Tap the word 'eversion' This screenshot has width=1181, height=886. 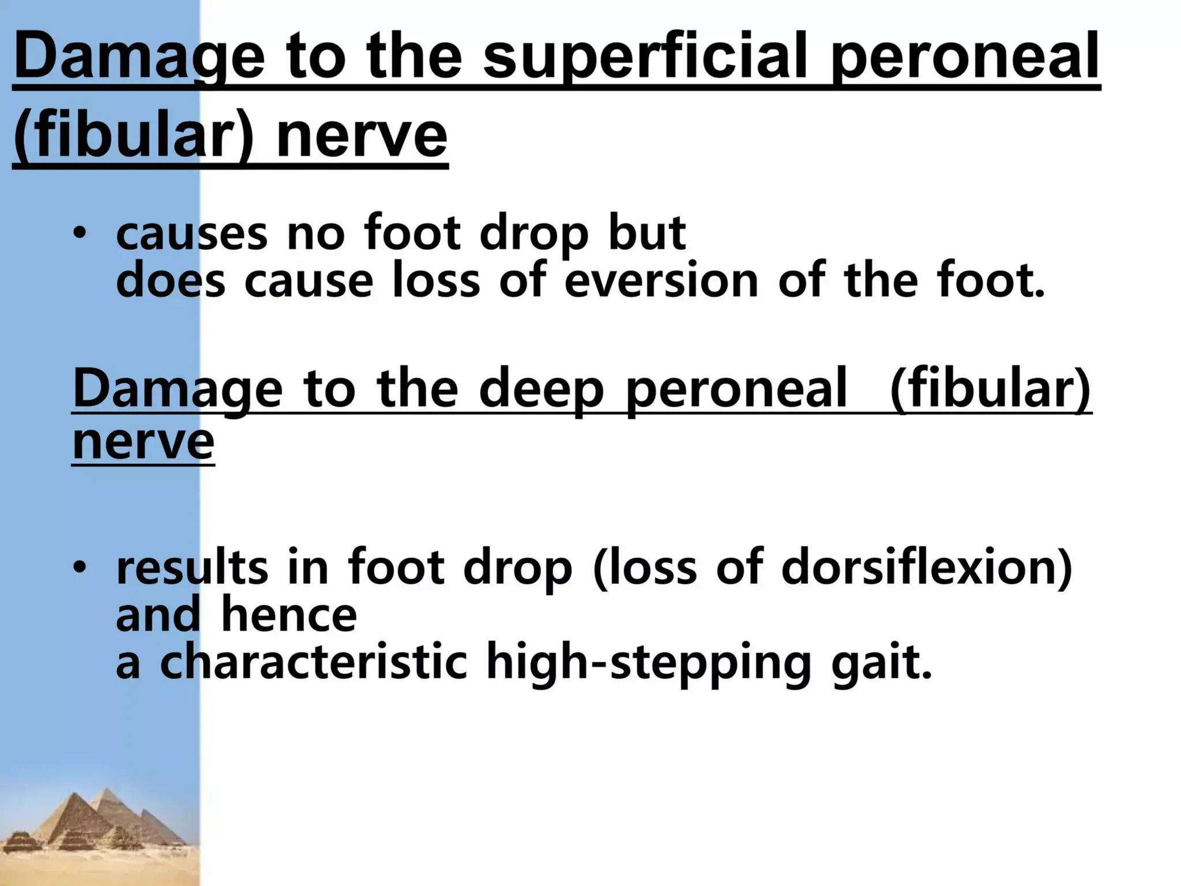pyautogui.click(x=661, y=280)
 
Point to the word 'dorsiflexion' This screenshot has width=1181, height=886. pyautogui.click(x=926, y=567)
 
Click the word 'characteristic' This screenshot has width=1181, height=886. pyautogui.click(x=313, y=662)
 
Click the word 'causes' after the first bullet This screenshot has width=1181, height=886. pyautogui.click(x=192, y=234)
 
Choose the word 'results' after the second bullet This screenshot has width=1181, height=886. pyautogui.click(x=193, y=567)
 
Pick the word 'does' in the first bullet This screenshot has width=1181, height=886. pyautogui.click(x=171, y=280)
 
